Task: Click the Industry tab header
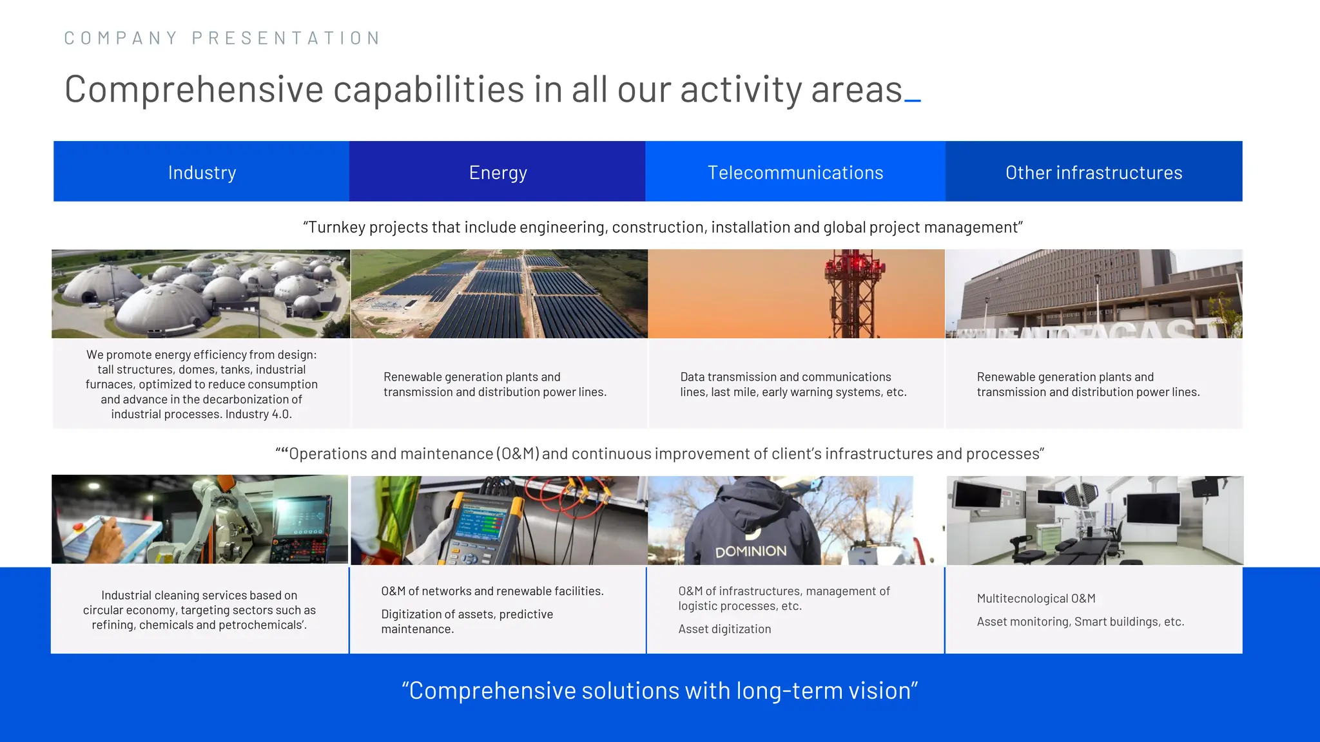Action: coord(202,172)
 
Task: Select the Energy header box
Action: coord(498,172)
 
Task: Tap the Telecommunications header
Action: coord(795,172)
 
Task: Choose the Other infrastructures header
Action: coord(1093,172)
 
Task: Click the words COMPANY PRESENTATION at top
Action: coord(222,38)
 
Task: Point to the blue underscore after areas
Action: coord(913,100)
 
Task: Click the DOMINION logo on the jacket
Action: coord(750,551)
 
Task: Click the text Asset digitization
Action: coord(724,629)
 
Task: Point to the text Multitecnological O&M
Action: coord(1036,598)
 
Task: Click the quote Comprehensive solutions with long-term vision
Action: coord(659,690)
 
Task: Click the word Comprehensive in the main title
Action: coord(193,89)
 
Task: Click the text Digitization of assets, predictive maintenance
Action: coord(467,622)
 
